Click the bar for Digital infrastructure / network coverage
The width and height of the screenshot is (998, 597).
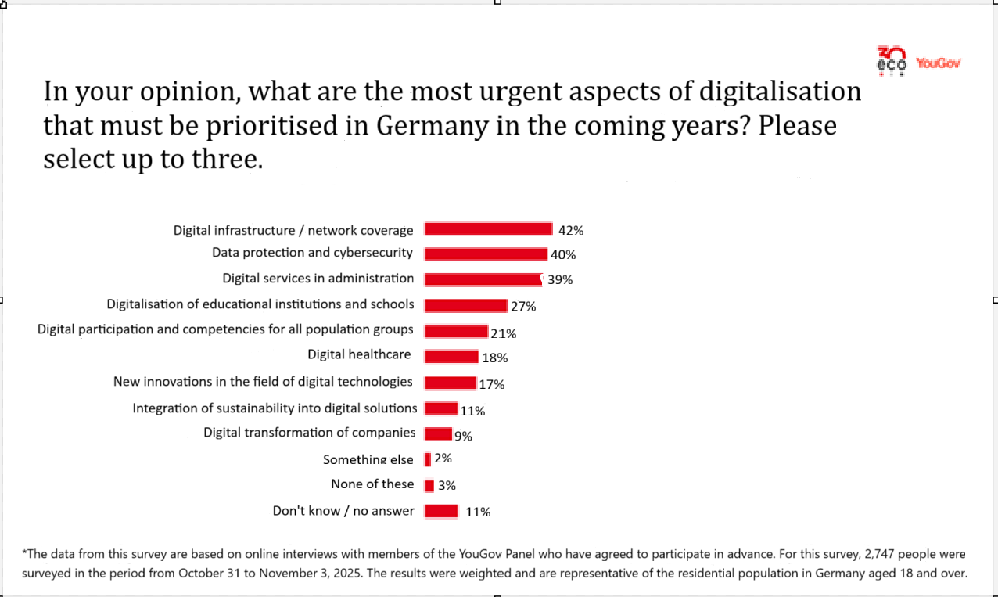pos(488,228)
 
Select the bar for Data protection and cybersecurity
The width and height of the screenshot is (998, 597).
pos(485,254)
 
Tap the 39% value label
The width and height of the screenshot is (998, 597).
pos(560,280)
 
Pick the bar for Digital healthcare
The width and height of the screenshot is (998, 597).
pos(451,357)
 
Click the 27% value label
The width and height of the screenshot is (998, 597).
pos(523,306)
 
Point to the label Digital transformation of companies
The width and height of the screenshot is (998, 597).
pos(310,433)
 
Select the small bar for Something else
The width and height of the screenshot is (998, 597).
pos(428,459)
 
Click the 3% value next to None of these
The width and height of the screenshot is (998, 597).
pos(447,485)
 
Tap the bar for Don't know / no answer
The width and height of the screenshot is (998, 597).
pos(441,512)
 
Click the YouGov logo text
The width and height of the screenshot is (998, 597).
pos(938,63)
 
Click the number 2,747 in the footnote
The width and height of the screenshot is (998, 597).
pos(882,554)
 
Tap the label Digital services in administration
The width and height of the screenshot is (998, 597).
pos(318,279)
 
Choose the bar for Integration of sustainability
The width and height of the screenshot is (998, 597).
pos(441,408)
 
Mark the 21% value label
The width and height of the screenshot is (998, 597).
pos(504,333)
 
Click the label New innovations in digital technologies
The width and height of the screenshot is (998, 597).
pos(263,382)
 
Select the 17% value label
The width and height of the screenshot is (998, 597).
pos(492,384)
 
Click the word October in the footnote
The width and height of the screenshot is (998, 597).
pos(201,573)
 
